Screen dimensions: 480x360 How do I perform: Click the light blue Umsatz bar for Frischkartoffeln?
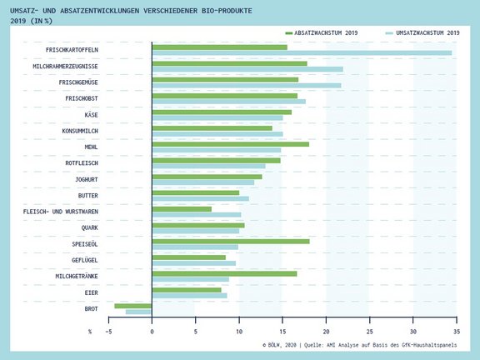click(302, 53)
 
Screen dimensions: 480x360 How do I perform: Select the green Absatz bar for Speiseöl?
click(231, 242)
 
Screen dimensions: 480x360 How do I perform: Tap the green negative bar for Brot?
click(133, 306)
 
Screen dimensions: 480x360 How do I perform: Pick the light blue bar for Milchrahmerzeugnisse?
click(247, 69)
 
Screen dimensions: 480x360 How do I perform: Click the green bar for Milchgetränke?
click(224, 273)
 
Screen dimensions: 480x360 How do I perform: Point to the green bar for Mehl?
click(231, 144)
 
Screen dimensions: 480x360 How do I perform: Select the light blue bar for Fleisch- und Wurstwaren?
click(197, 215)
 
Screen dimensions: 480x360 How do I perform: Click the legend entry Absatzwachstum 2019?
click(322, 32)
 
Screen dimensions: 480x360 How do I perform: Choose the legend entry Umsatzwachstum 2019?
click(422, 32)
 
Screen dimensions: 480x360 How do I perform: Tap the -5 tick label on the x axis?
click(108, 332)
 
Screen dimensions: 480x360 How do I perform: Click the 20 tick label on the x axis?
click(327, 332)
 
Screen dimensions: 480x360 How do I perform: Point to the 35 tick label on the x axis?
click(457, 332)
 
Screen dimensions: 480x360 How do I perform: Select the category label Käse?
click(91, 115)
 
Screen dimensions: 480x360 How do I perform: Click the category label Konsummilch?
click(80, 131)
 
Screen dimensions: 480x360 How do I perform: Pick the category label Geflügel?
click(85, 260)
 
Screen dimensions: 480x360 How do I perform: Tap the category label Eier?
click(91, 292)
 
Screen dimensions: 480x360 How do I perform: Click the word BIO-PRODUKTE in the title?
click(227, 11)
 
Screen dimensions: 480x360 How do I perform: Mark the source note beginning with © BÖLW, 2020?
click(360, 345)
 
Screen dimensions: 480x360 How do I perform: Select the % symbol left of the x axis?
click(90, 332)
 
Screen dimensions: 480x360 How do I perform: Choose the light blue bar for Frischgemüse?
click(247, 85)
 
